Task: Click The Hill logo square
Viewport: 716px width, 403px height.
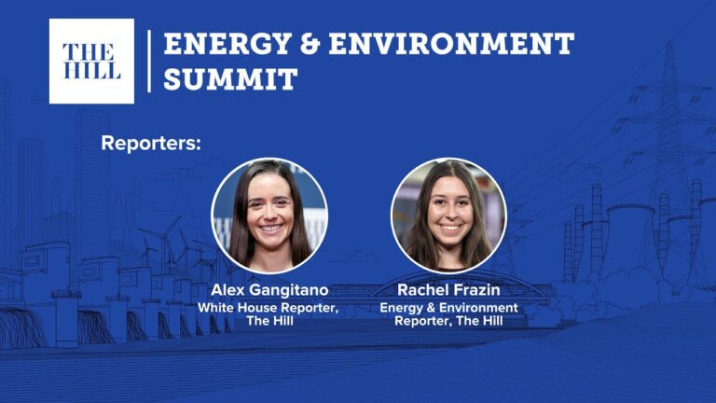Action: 91,62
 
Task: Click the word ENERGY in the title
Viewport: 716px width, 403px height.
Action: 227,44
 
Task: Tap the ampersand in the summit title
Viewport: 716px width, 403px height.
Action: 310,44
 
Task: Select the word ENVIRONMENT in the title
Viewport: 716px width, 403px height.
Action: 451,44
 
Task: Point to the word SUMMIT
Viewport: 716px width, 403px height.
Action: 230,78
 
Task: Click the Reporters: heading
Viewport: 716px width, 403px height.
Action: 151,143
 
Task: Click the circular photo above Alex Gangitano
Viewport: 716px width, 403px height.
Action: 269,215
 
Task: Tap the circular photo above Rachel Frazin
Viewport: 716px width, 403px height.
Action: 448,215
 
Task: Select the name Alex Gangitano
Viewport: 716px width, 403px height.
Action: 269,290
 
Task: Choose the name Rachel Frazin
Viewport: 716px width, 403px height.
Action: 448,290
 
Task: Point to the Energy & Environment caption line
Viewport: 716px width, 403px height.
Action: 448,308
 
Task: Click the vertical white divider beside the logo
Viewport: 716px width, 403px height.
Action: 149,62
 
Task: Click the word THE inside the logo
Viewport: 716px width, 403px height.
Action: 89,52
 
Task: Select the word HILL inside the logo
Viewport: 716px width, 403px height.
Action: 91,70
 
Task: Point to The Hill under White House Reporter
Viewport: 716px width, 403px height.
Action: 269,321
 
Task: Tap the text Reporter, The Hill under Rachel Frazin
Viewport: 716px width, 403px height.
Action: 448,321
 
